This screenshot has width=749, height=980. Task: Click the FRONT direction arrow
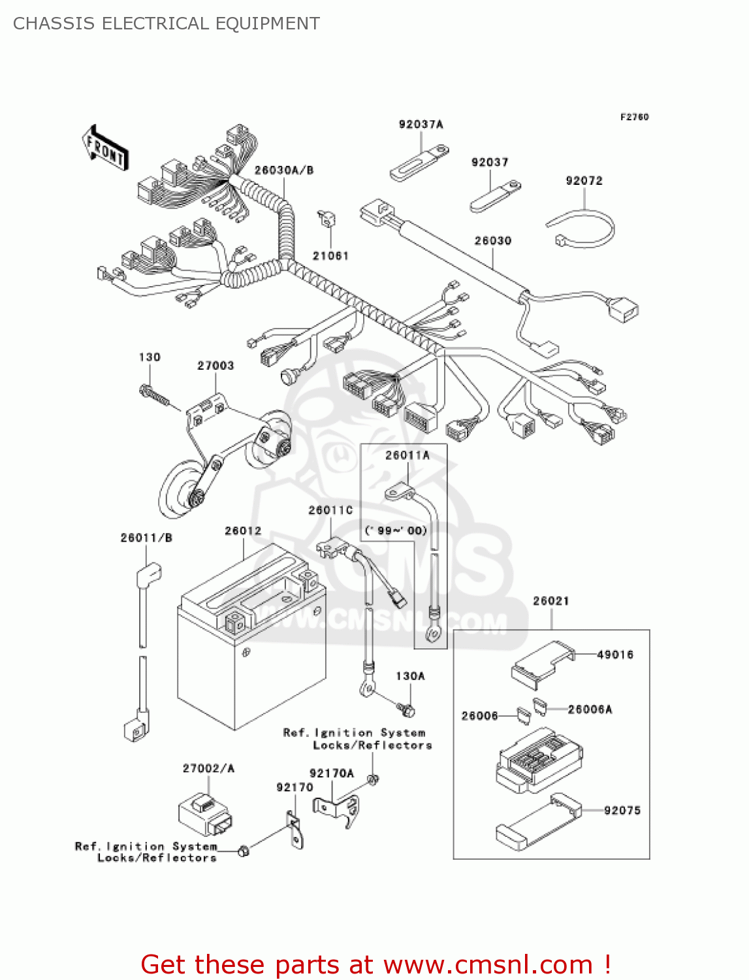pos(105,149)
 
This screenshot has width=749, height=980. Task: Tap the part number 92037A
pos(421,124)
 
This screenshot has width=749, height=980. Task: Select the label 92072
pos(584,180)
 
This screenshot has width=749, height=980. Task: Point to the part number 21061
pos(330,255)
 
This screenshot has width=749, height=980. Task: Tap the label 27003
pos(215,365)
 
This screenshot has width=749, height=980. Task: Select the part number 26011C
pos(330,510)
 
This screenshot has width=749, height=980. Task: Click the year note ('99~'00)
pos(396,530)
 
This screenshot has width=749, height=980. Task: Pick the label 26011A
pos(407,455)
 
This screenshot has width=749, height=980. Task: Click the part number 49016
pos(615,655)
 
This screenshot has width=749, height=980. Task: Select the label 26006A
pos(590,709)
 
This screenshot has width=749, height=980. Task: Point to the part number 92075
pos(622,810)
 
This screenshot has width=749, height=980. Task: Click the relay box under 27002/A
pos(205,815)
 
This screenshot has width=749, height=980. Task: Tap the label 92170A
pos(331,773)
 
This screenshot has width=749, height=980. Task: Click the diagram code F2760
pos(634,117)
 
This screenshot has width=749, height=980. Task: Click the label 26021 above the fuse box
pos(550,600)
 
